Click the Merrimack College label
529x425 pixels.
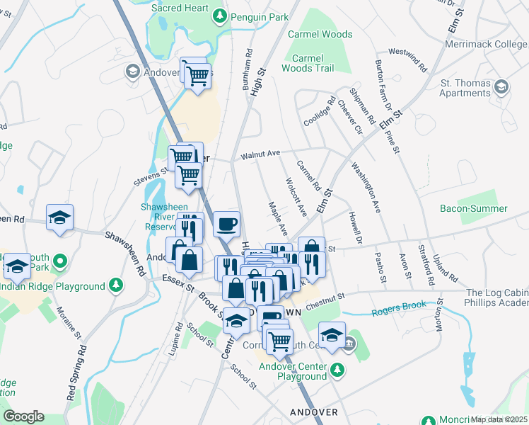[486, 44]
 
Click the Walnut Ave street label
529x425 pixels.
[260, 153]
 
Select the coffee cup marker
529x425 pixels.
[226, 225]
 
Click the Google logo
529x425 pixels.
[23, 416]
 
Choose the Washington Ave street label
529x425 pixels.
[366, 188]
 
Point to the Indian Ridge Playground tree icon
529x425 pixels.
[116, 285]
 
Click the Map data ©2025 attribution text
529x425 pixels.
[499, 419]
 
